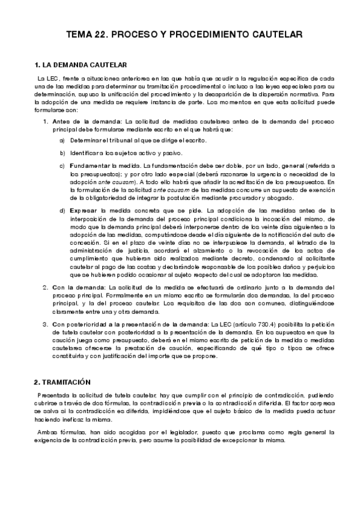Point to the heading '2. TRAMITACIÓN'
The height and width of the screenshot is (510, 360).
coord(62,382)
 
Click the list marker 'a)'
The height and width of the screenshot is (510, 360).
coord(63,140)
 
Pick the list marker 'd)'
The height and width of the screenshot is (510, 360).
coord(63,211)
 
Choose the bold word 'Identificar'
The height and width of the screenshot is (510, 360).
coord(86,153)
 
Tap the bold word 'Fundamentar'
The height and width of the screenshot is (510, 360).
coord(88,165)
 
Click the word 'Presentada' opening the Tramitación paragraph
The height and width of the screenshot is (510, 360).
coord(53,394)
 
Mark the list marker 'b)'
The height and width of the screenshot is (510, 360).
coord(63,153)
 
